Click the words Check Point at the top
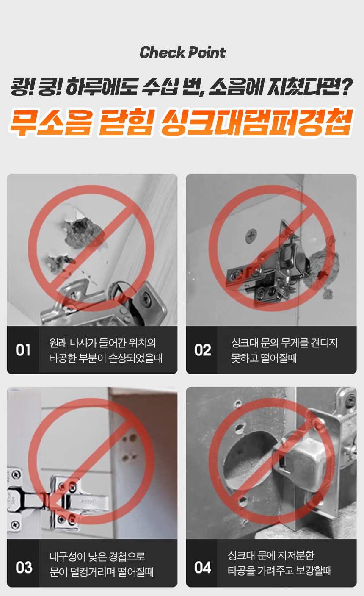pos(183,53)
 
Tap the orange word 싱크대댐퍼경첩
pos(257,122)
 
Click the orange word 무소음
pos(51,123)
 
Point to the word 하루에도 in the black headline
pos(102,86)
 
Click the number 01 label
pos(23,350)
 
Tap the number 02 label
pos(203,350)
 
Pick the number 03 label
pos(24,567)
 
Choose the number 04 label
pos(203,567)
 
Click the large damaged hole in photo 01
pos(81,231)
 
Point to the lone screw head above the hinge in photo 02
pos(251,236)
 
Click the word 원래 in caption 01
pos(58,343)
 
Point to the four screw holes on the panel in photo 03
pos(130,448)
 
